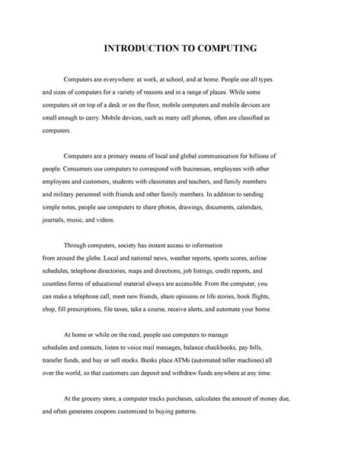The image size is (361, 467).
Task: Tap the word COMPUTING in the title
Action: [x=225, y=49]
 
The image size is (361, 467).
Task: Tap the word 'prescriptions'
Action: [x=95, y=310]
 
